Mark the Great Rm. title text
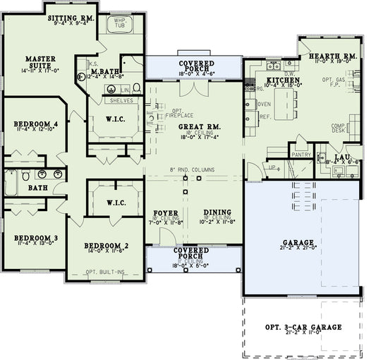(x=194, y=127)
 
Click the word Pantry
(x=301, y=154)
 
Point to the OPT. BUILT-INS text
(x=106, y=272)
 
